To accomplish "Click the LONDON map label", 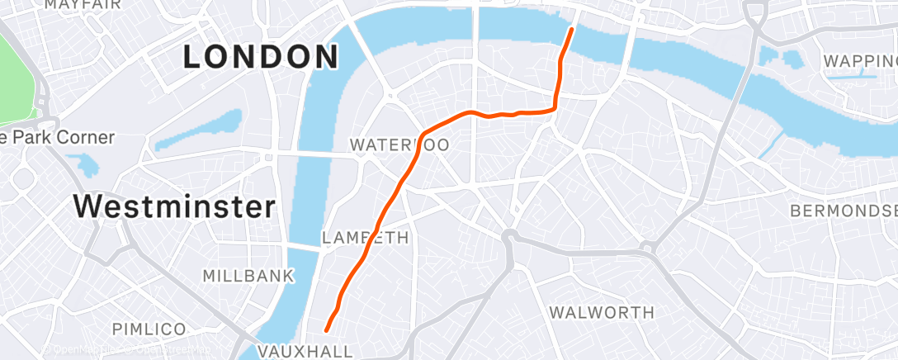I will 260,57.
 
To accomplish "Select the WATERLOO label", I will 399,145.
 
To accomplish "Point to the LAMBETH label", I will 365,238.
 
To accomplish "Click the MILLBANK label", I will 248,276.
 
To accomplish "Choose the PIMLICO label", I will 149,329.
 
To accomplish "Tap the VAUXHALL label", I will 305,351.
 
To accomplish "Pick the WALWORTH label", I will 602,312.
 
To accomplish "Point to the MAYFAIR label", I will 83,5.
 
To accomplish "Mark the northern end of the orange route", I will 571,30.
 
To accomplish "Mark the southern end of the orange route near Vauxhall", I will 327,330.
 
